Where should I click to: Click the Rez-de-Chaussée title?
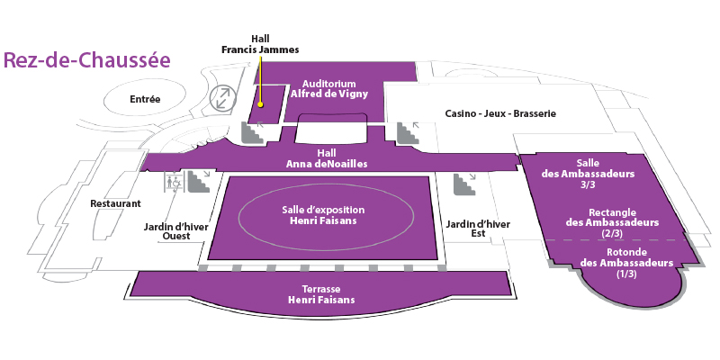(x=87, y=60)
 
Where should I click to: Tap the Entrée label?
(x=145, y=99)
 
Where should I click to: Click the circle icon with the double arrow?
(x=223, y=98)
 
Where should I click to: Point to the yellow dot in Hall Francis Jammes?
(x=260, y=104)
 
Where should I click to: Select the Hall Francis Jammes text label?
(x=260, y=44)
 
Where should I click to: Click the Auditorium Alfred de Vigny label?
(x=329, y=88)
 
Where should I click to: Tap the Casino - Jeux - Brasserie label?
(x=500, y=113)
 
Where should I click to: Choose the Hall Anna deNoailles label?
(x=327, y=158)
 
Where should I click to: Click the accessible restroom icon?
(x=174, y=182)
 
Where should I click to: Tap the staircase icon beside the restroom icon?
(x=199, y=182)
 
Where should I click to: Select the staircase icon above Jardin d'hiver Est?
(x=464, y=184)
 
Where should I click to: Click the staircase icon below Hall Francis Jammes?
(x=253, y=132)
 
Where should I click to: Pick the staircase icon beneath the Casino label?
(x=409, y=132)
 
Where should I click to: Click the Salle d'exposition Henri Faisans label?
(x=323, y=215)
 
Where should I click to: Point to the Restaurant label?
(x=116, y=203)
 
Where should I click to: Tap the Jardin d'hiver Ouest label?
(x=176, y=231)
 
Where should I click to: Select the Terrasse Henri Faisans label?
(x=321, y=294)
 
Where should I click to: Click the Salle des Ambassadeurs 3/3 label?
(x=588, y=174)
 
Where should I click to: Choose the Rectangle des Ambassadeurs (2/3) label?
(x=612, y=222)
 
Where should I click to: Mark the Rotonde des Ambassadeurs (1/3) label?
(x=626, y=263)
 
